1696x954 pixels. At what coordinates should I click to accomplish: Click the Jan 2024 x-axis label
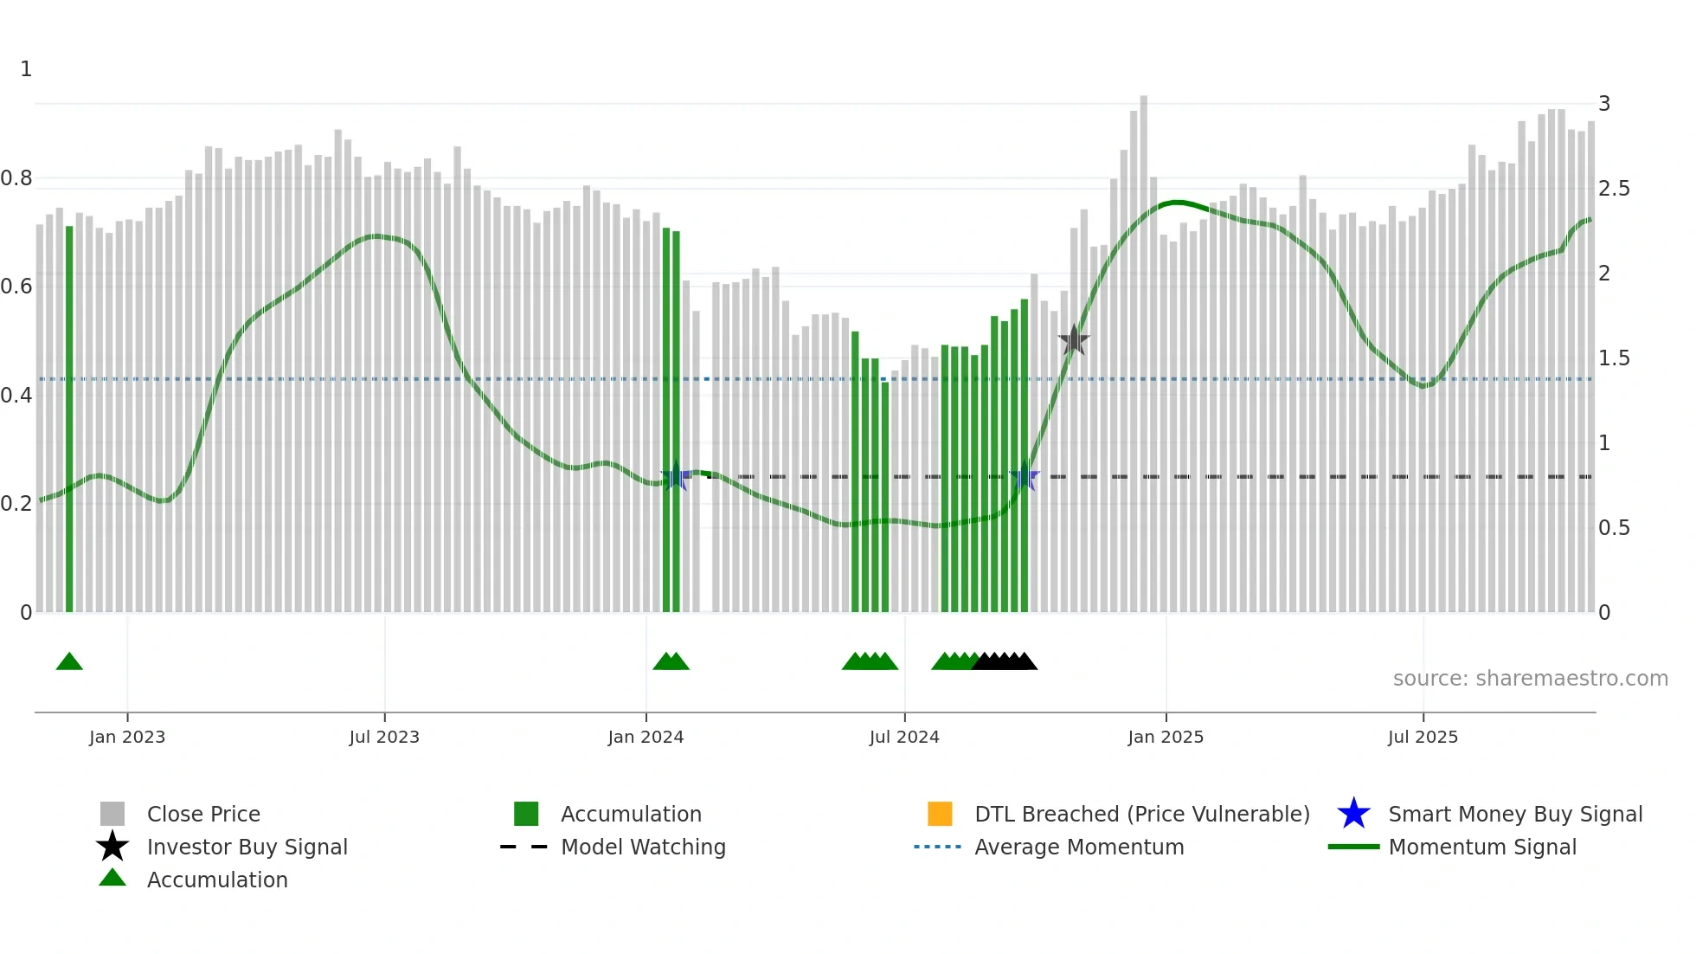[646, 737]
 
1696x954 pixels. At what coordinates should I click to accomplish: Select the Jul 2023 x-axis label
[384, 737]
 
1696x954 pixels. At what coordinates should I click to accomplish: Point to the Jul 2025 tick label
[1423, 737]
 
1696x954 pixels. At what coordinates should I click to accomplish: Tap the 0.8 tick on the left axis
[16, 178]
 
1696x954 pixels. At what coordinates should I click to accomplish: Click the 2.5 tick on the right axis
[1614, 189]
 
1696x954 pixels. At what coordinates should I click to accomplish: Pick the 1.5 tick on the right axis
[1614, 358]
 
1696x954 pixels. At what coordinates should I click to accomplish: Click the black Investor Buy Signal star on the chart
[1074, 340]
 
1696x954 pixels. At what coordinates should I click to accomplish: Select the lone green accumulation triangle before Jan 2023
[69, 662]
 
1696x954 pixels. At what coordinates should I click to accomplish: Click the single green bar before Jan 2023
[69, 419]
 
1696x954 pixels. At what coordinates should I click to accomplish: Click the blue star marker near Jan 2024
[676, 476]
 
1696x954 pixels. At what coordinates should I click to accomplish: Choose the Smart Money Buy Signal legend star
[1353, 814]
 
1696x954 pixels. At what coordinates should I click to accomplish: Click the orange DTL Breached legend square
[940, 814]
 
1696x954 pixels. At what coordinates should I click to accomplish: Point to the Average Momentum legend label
[1079, 847]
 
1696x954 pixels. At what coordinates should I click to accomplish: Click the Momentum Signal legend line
[1353, 847]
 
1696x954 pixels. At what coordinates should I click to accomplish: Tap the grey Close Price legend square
[112, 814]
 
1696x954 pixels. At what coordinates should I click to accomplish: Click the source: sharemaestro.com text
[1530, 678]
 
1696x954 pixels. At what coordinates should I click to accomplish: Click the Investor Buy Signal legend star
[112, 847]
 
